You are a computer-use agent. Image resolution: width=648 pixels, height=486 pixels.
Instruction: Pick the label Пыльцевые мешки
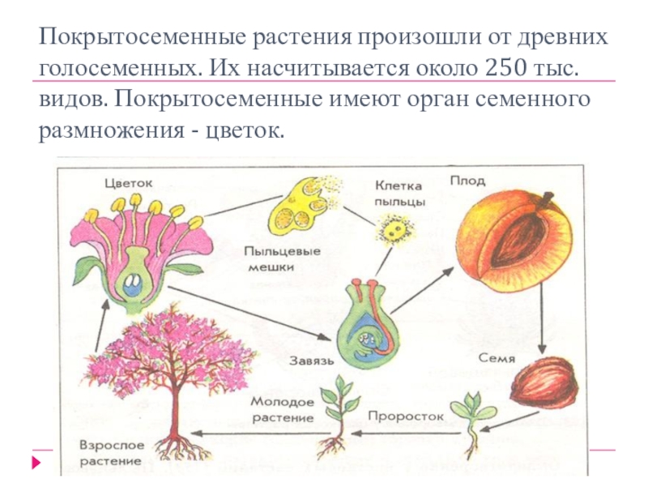(283, 257)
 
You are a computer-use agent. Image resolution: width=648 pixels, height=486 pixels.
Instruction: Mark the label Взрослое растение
(112, 452)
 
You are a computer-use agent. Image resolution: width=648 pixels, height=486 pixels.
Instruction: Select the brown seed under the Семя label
(544, 383)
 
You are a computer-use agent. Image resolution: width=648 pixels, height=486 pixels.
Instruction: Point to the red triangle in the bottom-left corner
(36, 465)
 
